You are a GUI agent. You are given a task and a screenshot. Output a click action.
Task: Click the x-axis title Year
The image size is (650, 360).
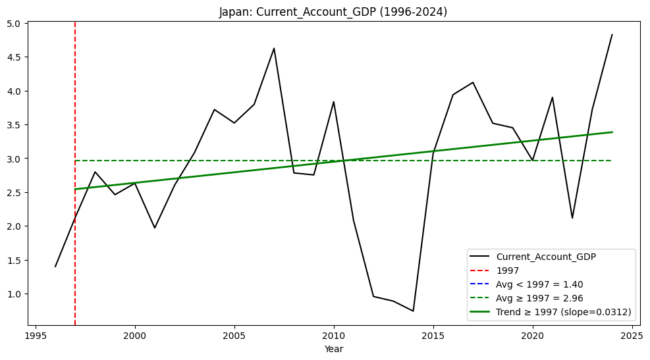click(x=333, y=349)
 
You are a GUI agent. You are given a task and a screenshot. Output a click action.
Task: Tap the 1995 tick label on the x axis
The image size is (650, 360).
click(x=36, y=334)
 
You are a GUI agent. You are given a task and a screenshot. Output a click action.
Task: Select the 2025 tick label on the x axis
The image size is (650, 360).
click(x=632, y=334)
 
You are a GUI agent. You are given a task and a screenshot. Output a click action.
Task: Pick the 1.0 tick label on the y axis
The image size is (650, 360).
click(x=15, y=294)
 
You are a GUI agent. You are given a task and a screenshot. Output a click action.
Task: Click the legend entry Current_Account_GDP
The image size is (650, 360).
click(x=546, y=257)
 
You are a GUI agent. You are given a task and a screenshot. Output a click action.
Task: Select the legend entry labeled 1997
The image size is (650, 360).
click(x=507, y=270)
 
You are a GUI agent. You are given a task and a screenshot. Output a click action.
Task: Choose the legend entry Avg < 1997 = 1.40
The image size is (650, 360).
click(x=539, y=284)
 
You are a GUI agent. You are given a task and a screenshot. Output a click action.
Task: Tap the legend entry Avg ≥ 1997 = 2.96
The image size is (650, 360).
click(x=539, y=298)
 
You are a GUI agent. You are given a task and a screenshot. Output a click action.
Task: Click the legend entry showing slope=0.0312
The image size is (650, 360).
click(x=564, y=312)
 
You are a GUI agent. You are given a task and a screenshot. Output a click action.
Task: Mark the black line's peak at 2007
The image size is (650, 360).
click(x=274, y=48)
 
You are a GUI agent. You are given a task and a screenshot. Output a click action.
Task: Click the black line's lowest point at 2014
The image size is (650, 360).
click(x=413, y=311)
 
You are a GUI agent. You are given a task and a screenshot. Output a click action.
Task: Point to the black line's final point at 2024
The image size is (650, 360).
click(x=612, y=35)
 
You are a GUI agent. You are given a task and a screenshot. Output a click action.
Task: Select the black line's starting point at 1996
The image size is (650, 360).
click(x=55, y=267)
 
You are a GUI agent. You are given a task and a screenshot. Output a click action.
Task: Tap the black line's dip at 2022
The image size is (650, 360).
click(x=572, y=218)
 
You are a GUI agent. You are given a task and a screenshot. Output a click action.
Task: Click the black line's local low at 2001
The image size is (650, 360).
click(x=155, y=228)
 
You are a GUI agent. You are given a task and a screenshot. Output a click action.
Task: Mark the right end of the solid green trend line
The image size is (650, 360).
click(x=612, y=132)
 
